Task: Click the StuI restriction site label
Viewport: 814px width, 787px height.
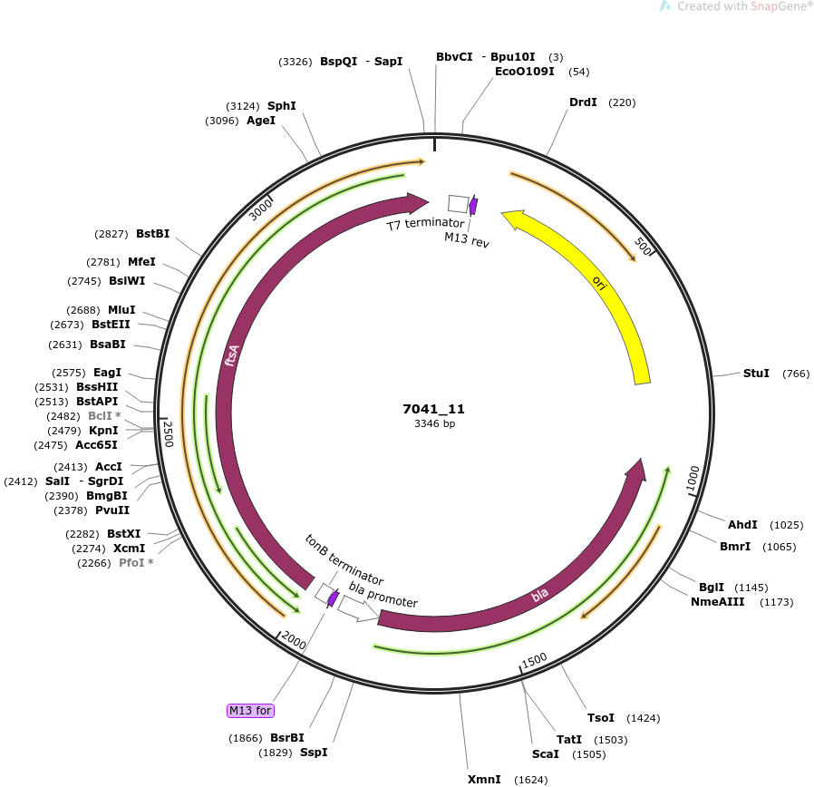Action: tap(756, 374)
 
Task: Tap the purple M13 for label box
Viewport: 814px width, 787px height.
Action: tap(250, 710)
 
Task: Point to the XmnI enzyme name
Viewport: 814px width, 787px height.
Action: tap(484, 779)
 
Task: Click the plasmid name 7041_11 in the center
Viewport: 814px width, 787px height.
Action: tap(433, 409)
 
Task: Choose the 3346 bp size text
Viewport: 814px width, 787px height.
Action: tap(434, 423)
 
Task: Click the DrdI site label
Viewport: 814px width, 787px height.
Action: tap(583, 102)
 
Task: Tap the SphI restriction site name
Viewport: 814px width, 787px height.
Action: tap(281, 106)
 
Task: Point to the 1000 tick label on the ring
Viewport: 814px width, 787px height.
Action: tap(693, 478)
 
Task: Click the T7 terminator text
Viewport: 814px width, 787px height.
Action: tap(426, 224)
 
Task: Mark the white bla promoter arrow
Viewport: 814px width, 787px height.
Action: tap(358, 608)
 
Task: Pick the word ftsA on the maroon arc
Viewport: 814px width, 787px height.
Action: tap(232, 355)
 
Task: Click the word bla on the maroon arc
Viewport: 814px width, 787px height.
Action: tap(540, 595)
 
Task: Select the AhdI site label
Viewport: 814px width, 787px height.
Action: tap(742, 525)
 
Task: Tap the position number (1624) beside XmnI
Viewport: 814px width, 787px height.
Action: tap(530, 780)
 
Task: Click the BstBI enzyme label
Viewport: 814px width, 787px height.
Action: tap(152, 234)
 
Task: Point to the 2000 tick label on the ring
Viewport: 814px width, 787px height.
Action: tap(294, 642)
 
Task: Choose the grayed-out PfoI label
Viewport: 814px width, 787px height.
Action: tap(136, 563)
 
